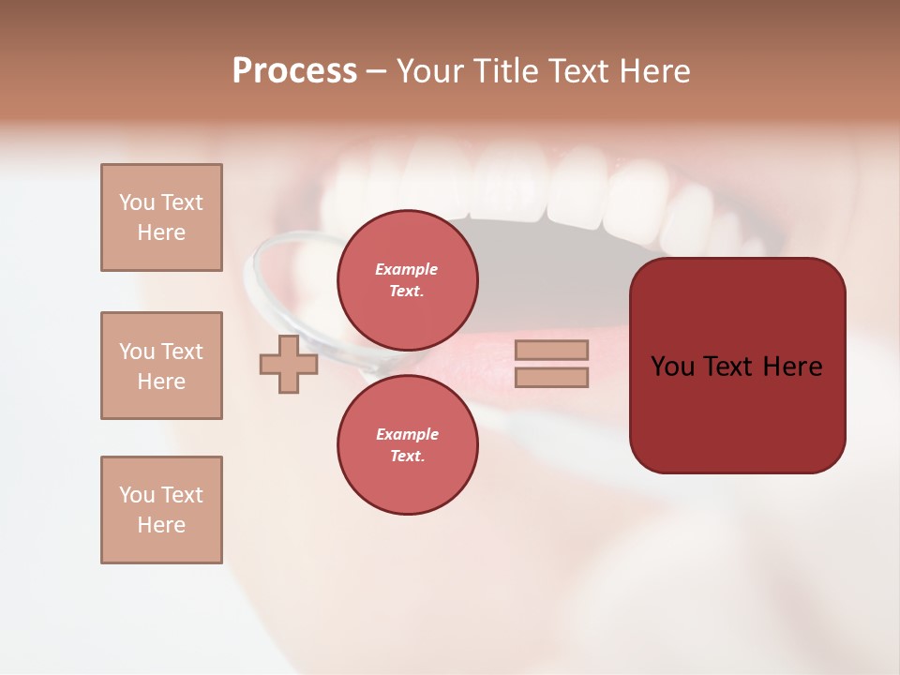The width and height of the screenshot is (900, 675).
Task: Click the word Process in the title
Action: click(294, 71)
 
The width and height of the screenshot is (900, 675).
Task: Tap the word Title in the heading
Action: click(514, 71)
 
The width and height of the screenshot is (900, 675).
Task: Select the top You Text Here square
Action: click(161, 217)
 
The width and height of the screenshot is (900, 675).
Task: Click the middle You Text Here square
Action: click(161, 366)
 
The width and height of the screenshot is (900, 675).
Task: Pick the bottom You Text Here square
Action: click(161, 510)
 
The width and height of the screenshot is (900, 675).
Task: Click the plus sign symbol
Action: click(289, 365)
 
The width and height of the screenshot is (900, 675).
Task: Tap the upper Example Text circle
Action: click(407, 279)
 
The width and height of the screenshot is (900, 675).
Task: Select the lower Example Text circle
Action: click(407, 444)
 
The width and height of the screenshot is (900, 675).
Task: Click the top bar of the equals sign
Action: click(552, 350)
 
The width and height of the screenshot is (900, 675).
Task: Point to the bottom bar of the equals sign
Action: click(552, 377)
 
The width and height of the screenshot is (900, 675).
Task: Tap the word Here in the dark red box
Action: click(792, 367)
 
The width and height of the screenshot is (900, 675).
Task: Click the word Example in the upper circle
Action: click(407, 269)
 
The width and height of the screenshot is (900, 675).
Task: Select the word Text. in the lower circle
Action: click(407, 456)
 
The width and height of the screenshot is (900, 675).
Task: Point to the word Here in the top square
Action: click(161, 232)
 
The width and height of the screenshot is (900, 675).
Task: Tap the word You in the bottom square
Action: click(137, 495)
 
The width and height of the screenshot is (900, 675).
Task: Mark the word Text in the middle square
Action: click(182, 352)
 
